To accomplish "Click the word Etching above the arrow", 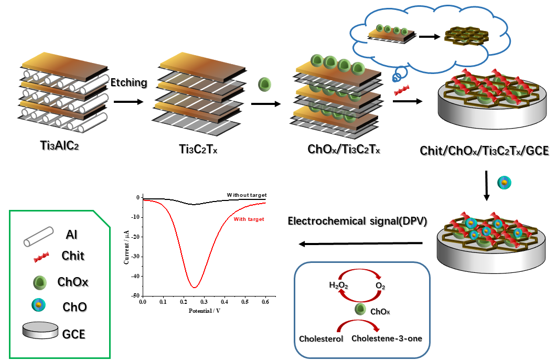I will coord(129,82).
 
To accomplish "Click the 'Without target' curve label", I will coord(247,195).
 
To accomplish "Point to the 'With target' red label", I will coord(249,219).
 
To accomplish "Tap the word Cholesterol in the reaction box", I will coord(320,338).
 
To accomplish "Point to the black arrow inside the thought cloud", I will coord(429,37).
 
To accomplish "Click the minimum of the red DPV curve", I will coord(194,287).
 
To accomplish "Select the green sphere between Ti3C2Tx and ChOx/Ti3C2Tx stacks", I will coord(265,84).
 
